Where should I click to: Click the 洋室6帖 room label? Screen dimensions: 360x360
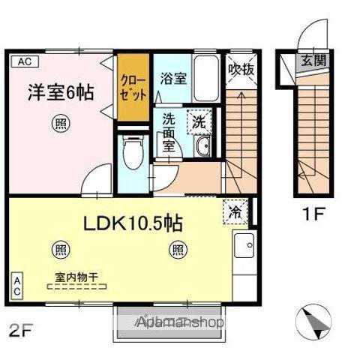coord(61,93)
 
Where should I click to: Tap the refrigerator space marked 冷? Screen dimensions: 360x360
coord(233,212)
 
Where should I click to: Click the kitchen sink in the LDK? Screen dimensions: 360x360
coord(244,244)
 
